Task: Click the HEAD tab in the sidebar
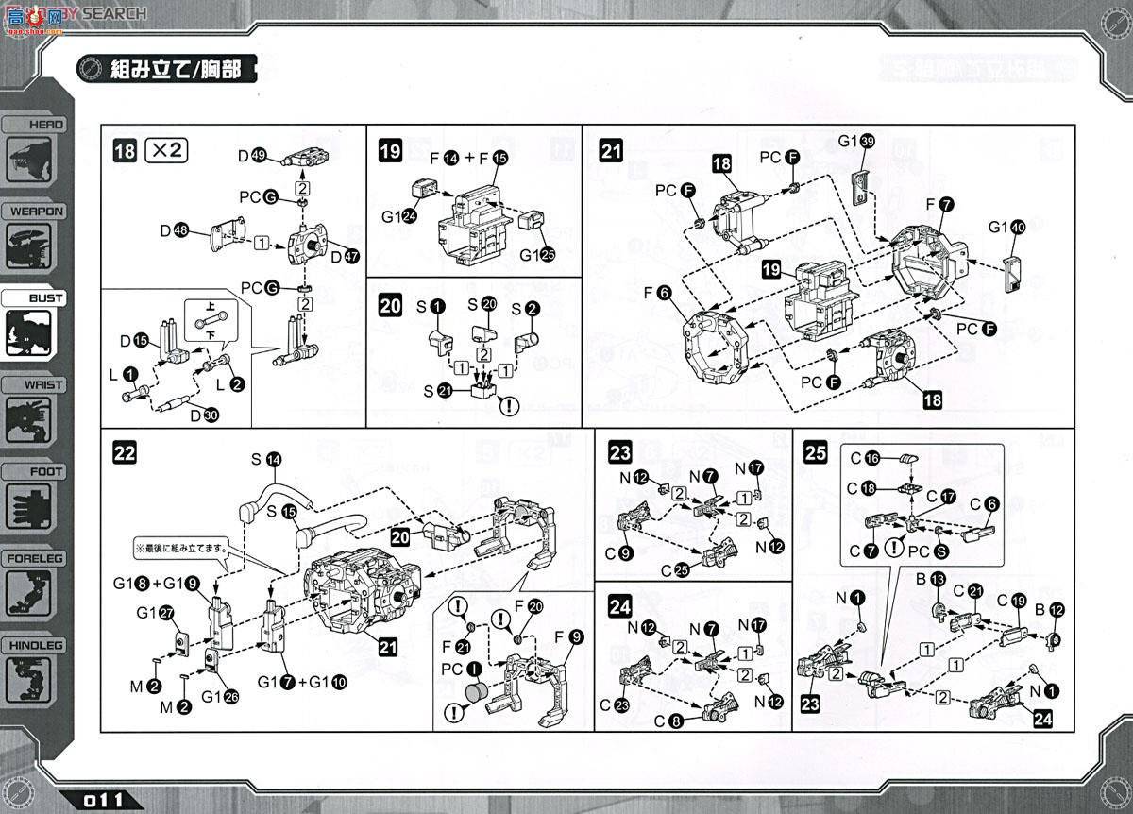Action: pos(34,124)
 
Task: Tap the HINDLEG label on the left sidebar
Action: pos(34,645)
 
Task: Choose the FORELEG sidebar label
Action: pos(34,558)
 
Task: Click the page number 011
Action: pos(104,800)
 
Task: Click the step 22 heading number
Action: pos(124,452)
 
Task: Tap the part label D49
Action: pos(253,156)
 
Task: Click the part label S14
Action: pos(267,461)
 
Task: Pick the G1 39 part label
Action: pos(856,142)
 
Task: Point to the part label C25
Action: pos(677,568)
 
